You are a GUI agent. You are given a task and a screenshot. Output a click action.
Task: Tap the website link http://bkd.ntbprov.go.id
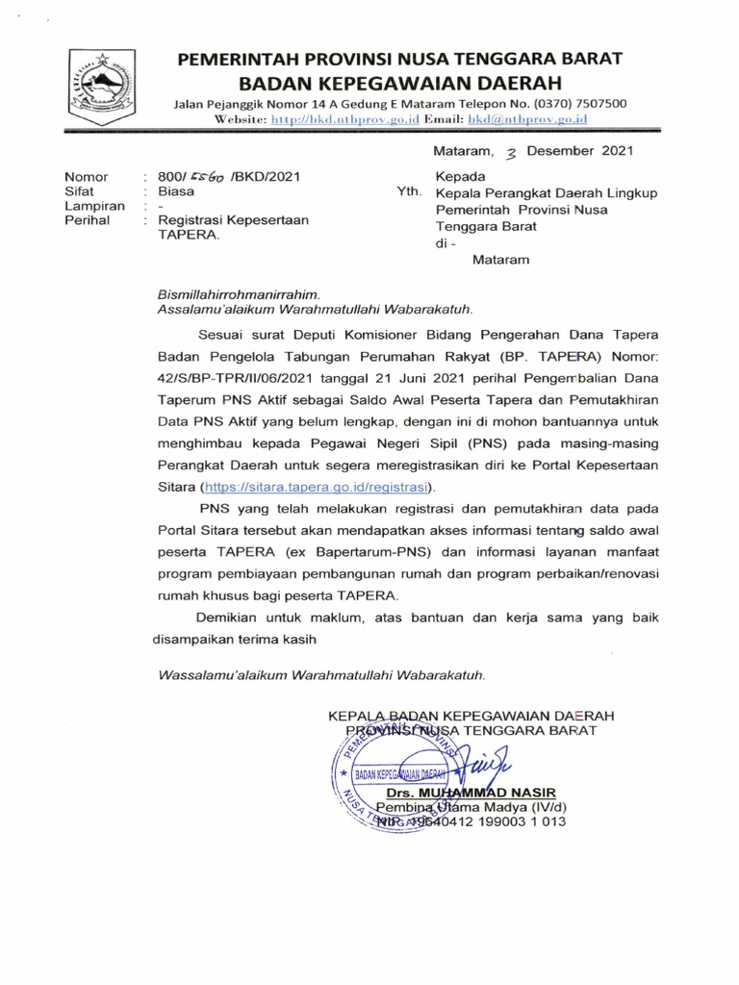click(x=340, y=118)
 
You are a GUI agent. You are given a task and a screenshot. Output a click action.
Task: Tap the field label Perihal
click(x=86, y=220)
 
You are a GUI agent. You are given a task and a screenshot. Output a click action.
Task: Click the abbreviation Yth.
click(x=409, y=191)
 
